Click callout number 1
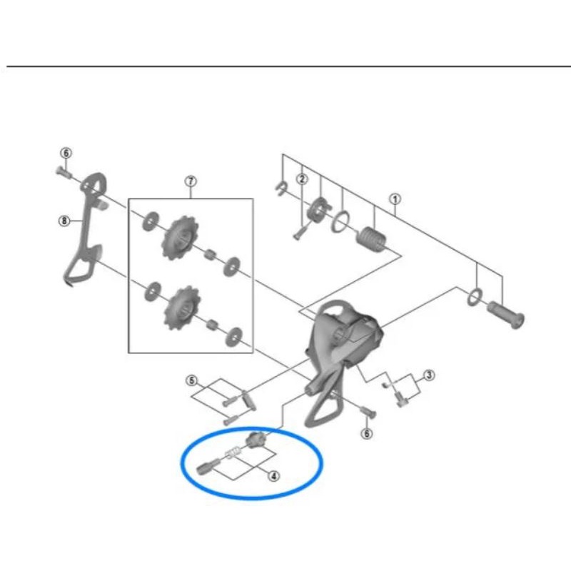click(x=395, y=199)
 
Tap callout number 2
click(x=302, y=178)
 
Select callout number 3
click(x=429, y=375)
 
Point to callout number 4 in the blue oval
click(x=274, y=475)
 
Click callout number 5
click(x=191, y=380)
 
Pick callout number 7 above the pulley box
click(x=191, y=181)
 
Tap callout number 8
click(x=64, y=221)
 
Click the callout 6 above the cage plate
click(x=66, y=153)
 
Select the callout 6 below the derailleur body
click(x=367, y=433)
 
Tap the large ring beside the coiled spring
click(x=341, y=221)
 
